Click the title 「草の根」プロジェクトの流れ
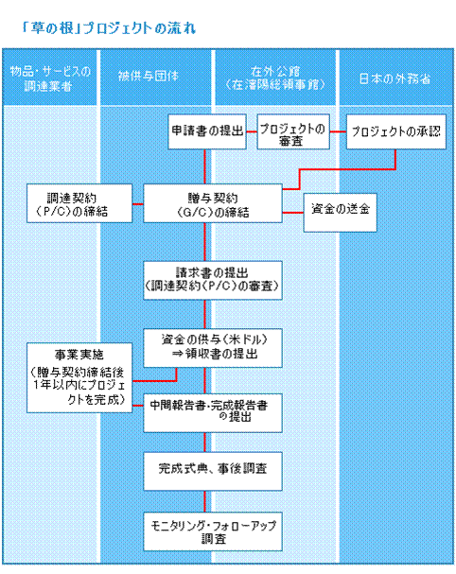(x=109, y=27)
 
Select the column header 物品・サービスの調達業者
(x=50, y=78)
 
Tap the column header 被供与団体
(x=149, y=76)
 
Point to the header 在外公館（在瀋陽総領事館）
(x=275, y=78)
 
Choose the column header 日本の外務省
(x=395, y=78)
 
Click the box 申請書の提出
(x=207, y=131)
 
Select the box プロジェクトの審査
(x=293, y=131)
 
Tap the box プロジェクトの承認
(x=396, y=131)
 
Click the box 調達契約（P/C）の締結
(x=79, y=203)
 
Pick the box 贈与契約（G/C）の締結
(x=213, y=203)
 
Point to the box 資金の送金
(x=340, y=213)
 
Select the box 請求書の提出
(x=213, y=280)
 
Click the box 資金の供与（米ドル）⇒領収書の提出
(x=213, y=348)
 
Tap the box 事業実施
(x=79, y=378)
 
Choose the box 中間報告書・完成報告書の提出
(x=213, y=413)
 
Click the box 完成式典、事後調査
(x=213, y=471)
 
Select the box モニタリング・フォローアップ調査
(x=213, y=531)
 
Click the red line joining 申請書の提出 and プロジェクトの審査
(x=252, y=131)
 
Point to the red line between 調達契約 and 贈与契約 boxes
(x=138, y=204)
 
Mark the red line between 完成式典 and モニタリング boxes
(x=204, y=501)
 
